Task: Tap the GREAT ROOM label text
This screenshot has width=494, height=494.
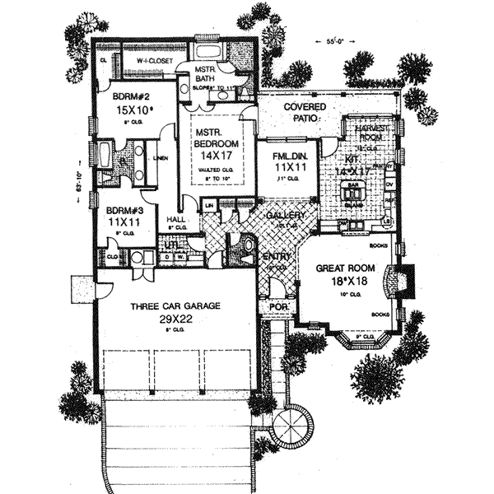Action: (344, 268)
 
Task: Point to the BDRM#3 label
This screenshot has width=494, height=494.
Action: (121, 210)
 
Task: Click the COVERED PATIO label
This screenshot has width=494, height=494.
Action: (305, 114)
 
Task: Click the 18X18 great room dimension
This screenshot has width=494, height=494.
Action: (343, 282)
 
